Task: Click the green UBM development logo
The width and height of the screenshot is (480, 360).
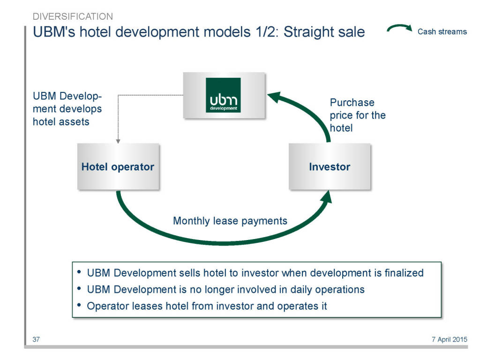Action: tap(223, 95)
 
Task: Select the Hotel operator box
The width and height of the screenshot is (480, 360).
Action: tap(118, 166)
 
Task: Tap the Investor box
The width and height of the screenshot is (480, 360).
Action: tap(330, 166)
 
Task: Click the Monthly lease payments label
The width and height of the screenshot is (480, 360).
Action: tap(230, 221)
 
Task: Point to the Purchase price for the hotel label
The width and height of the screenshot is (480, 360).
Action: tap(358, 115)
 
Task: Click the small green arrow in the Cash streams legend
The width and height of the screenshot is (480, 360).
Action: tap(399, 28)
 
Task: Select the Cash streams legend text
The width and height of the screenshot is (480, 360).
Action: tap(442, 31)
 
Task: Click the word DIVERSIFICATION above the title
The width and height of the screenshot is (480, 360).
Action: tap(73, 16)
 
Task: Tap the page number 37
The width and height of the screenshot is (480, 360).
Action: tap(36, 339)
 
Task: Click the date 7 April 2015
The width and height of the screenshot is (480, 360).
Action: tap(450, 339)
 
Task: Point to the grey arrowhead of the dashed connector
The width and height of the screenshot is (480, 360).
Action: tap(118, 141)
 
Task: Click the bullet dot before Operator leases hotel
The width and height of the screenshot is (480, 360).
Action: tap(79, 305)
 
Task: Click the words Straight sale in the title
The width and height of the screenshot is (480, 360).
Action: tap(324, 32)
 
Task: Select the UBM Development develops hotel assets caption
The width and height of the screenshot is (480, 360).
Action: tap(67, 109)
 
